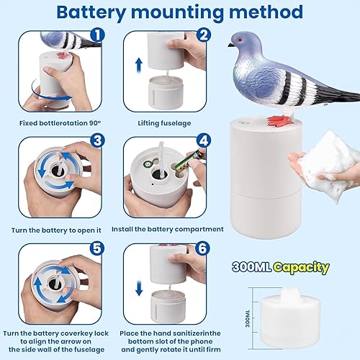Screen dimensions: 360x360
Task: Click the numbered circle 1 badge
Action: click(x=97, y=35)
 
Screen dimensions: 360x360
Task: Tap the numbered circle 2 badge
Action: click(x=204, y=35)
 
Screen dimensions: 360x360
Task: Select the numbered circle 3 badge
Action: click(x=97, y=140)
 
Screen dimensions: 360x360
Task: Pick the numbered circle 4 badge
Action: click(x=204, y=140)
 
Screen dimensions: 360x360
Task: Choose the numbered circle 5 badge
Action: click(x=97, y=248)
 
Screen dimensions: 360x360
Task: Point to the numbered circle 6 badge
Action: click(x=202, y=248)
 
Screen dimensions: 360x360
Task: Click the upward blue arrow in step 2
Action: click(x=139, y=66)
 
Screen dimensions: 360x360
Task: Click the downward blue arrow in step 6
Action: click(x=139, y=288)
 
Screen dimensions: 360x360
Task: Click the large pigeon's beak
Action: click(x=231, y=45)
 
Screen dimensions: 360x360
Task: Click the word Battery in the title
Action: click(x=91, y=12)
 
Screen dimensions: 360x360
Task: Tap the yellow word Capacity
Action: click(x=302, y=267)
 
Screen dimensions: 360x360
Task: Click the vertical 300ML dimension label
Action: click(x=248, y=318)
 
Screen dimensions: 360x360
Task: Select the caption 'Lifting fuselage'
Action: click(x=164, y=123)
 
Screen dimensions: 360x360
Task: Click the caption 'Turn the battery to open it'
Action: click(x=56, y=230)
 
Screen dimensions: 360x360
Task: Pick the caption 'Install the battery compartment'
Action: click(x=168, y=230)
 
